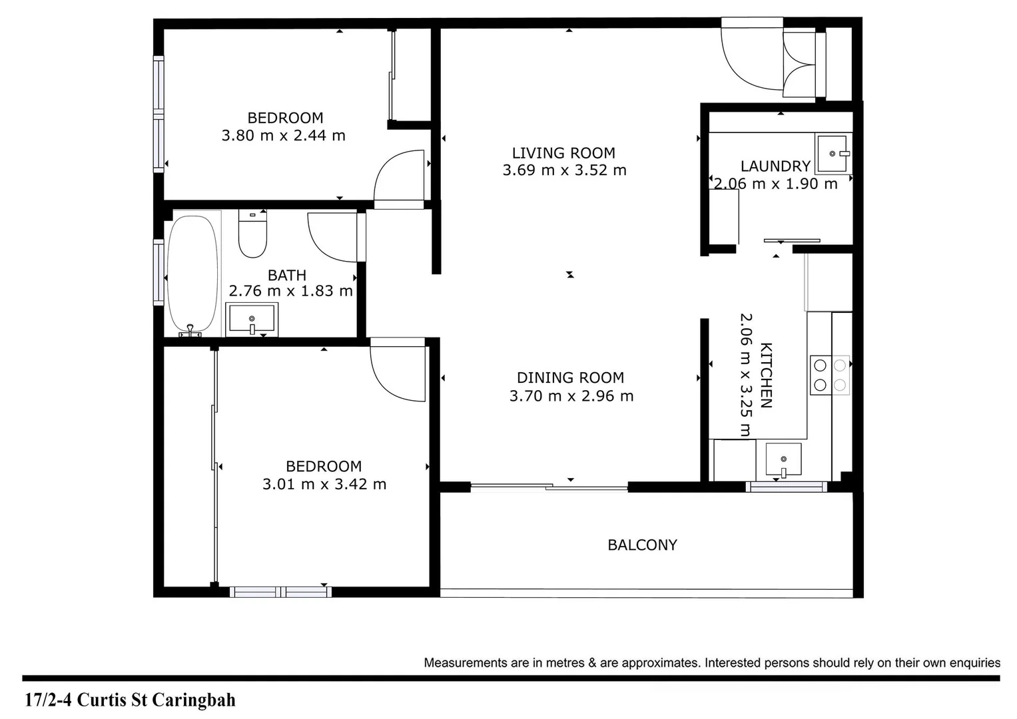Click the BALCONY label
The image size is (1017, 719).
click(x=642, y=545)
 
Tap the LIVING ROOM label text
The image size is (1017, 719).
click(x=563, y=153)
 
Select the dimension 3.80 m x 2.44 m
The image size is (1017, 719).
click(x=283, y=136)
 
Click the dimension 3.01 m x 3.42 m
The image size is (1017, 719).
click(x=324, y=485)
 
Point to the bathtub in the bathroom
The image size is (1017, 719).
click(x=192, y=273)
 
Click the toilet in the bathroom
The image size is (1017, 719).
click(x=252, y=234)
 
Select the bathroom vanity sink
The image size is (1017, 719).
click(x=252, y=319)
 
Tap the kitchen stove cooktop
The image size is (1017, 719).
click(x=830, y=375)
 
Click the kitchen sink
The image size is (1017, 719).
click(x=783, y=459)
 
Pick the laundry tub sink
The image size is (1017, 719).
click(x=832, y=154)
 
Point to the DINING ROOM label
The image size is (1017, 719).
click(x=571, y=378)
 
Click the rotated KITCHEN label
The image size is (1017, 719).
click(x=767, y=375)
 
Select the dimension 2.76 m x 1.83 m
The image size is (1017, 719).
click(x=290, y=291)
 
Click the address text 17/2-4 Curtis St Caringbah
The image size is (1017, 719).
click(x=130, y=700)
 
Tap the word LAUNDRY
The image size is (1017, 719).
click(x=775, y=166)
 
